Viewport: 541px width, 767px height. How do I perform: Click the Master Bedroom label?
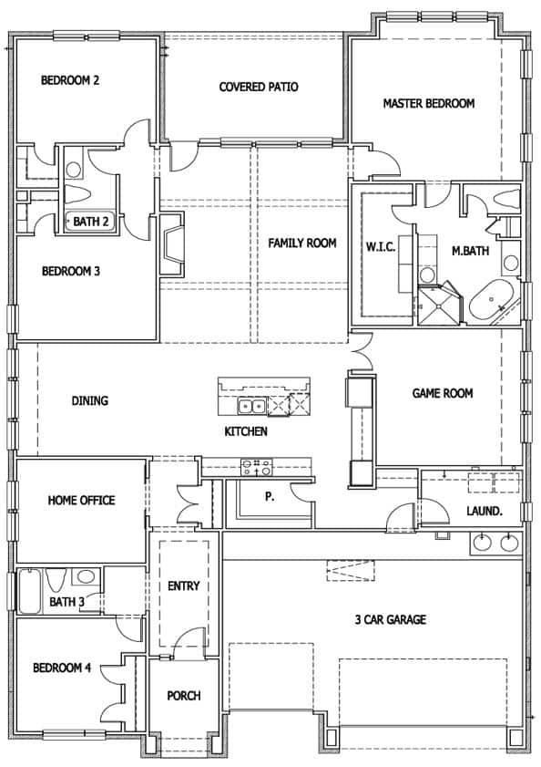point(428,103)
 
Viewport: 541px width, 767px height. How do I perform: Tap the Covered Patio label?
point(259,88)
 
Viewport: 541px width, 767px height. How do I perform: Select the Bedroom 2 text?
point(70,80)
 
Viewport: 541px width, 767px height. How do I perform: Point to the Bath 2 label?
point(91,221)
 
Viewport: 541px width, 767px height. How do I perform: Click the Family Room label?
point(302,244)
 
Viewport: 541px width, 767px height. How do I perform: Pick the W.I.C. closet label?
point(381,247)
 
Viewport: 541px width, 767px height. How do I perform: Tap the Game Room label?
point(443,394)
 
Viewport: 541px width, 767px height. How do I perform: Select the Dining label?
point(90,400)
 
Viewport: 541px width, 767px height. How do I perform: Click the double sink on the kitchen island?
point(252,406)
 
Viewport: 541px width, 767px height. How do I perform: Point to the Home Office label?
point(82,500)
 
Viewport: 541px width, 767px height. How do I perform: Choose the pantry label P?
point(270,497)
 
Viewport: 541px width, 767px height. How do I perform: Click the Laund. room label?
point(484,512)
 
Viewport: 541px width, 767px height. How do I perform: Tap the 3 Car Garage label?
point(391,620)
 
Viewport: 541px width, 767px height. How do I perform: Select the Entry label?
point(183,586)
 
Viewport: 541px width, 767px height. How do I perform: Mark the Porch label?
point(183,696)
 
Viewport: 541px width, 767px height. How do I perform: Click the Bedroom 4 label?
point(62,668)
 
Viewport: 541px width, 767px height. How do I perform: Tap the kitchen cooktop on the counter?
point(255,467)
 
